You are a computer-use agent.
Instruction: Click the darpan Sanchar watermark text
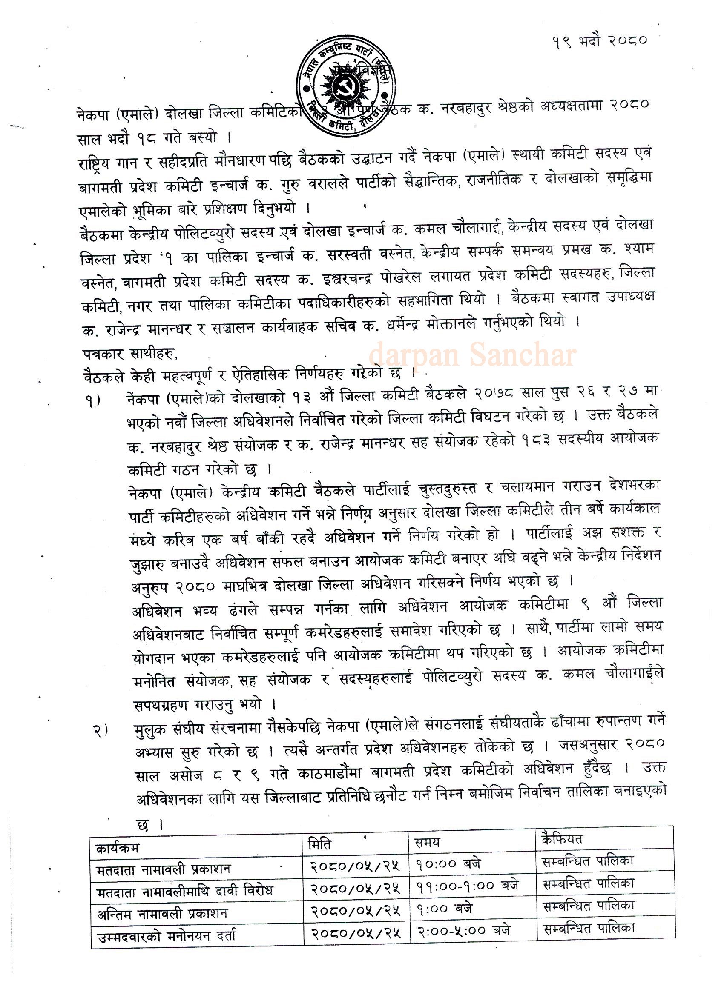[x=472, y=356]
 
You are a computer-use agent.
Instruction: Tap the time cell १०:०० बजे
[x=448, y=864]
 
